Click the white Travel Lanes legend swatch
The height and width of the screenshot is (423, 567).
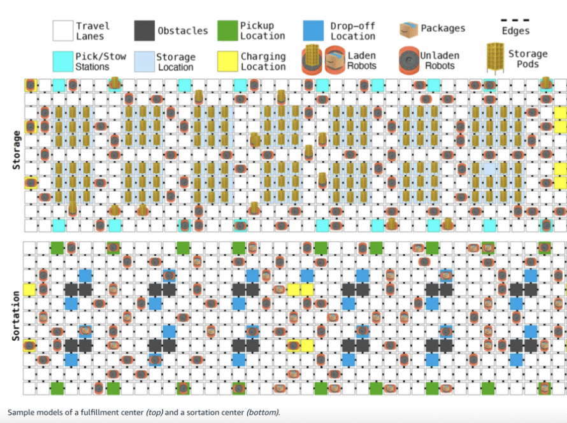[x=62, y=31]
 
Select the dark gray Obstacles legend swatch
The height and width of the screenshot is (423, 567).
[x=144, y=31]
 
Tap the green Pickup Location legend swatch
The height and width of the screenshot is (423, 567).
[x=227, y=31]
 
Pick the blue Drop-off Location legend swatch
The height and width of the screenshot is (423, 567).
[x=313, y=31]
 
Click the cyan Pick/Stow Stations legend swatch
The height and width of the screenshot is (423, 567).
[x=62, y=61]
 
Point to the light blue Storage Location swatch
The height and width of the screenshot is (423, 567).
[x=144, y=61]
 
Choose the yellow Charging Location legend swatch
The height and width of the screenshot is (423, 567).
[x=227, y=61]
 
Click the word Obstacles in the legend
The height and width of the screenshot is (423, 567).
[x=182, y=31]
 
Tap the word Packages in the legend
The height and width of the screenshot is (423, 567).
[x=443, y=29]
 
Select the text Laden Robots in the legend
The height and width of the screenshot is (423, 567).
[x=361, y=61]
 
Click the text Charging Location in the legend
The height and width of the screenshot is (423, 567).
[x=262, y=61]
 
